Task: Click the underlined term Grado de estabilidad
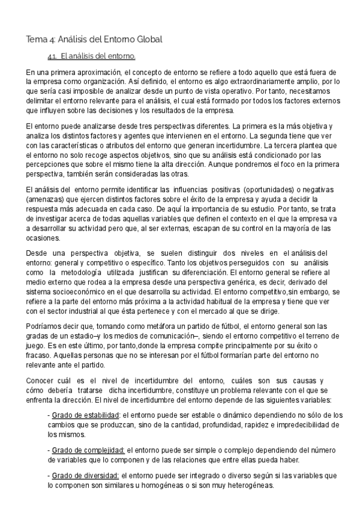[85, 415]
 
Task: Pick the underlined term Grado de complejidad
[88, 451]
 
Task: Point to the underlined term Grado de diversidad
[85, 475]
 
